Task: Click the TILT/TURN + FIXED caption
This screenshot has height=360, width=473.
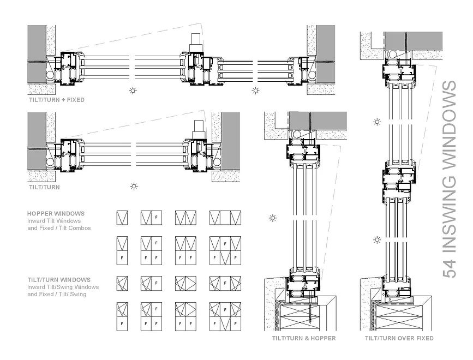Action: (57, 100)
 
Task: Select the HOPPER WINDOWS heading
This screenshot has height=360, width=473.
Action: (56, 213)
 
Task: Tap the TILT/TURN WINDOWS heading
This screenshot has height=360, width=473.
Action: (59, 280)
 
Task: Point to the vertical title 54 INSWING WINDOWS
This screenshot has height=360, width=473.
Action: (450, 179)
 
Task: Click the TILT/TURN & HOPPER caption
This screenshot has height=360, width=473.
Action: (304, 338)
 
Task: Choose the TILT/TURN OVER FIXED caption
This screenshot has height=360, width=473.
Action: (399, 338)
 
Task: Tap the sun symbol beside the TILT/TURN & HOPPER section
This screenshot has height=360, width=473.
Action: (273, 218)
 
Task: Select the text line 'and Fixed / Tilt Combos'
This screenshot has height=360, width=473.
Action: (59, 228)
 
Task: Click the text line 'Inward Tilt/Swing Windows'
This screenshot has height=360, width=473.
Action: (63, 287)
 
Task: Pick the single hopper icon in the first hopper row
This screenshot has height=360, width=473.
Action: (122, 218)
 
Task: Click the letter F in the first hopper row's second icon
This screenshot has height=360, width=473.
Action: (156, 217)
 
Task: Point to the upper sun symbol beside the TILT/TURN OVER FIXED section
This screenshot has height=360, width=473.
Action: (377, 122)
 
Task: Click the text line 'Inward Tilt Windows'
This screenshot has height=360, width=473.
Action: (54, 221)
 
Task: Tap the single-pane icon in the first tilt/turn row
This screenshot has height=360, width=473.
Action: (122, 284)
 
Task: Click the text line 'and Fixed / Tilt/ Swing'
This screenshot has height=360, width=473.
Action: (57, 294)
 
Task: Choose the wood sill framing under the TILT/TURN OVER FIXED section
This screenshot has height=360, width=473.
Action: (399, 316)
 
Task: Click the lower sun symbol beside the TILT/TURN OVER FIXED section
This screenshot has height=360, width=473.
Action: (377, 240)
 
